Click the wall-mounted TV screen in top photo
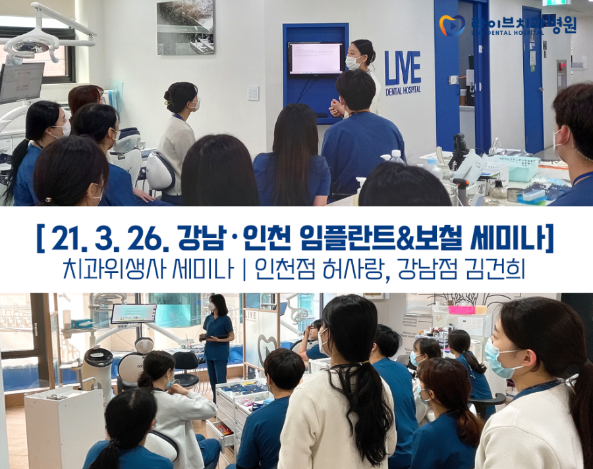316,59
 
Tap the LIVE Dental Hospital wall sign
403,72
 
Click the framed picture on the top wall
185,26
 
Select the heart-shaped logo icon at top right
452,25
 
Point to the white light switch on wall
253,93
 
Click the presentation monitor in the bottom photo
133,313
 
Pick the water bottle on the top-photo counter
396,158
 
